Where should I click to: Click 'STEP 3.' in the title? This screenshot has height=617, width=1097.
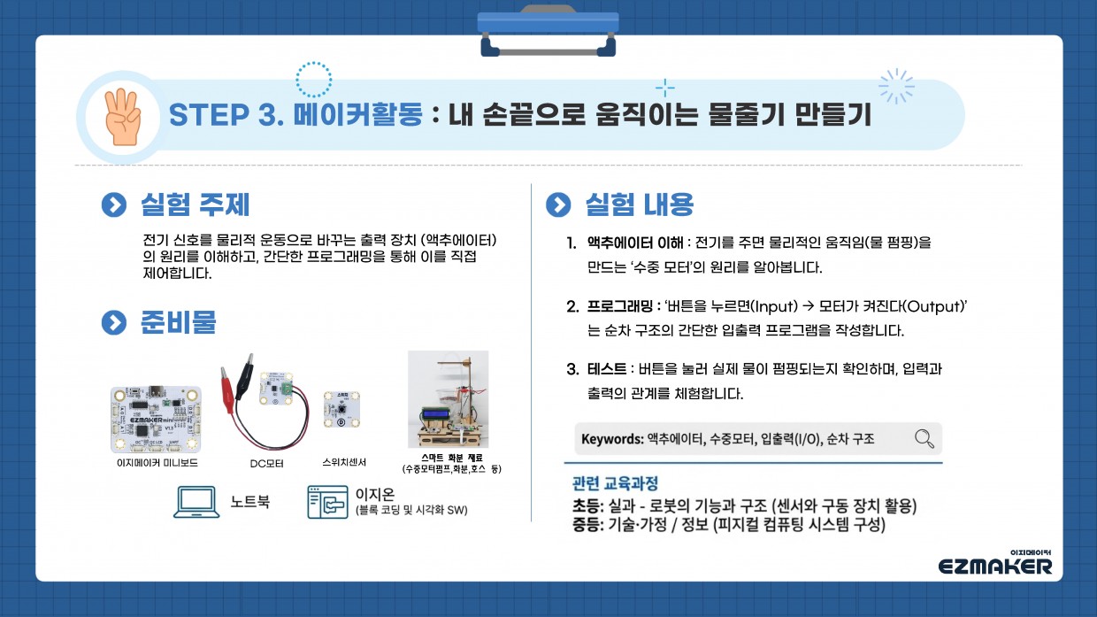click(225, 116)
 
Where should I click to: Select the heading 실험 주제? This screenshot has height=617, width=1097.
click(195, 204)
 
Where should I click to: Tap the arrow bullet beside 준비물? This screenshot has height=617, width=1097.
click(113, 323)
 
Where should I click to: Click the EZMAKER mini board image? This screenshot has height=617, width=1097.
click(155, 418)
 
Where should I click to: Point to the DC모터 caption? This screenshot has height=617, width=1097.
click(266, 463)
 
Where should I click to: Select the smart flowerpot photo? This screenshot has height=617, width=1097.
click(448, 400)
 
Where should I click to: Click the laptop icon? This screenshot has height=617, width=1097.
click(197, 502)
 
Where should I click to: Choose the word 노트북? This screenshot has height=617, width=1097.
click(249, 502)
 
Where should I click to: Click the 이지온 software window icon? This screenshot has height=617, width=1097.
click(327, 502)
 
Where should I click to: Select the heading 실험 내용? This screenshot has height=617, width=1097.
click(639, 204)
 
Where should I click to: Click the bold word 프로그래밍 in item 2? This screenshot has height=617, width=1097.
click(619, 306)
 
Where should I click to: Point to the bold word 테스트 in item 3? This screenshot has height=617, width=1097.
click(606, 368)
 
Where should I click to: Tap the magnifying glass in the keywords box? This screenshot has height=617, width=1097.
click(924, 438)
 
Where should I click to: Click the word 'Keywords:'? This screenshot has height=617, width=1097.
click(611, 439)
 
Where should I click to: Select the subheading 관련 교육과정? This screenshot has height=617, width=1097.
click(616, 484)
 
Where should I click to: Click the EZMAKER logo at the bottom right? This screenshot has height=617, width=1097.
click(995, 563)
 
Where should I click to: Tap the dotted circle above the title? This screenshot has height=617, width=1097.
click(313, 79)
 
